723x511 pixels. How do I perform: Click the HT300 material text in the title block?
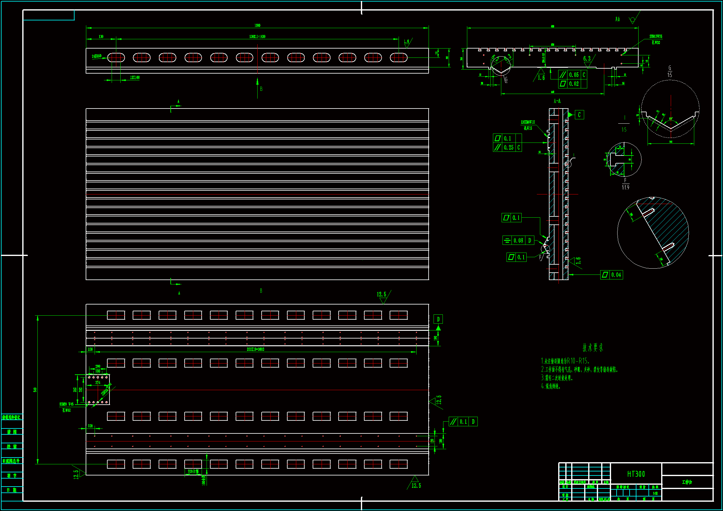[636, 474]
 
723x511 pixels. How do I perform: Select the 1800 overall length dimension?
[257, 25]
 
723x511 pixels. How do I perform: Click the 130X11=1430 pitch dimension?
[257, 37]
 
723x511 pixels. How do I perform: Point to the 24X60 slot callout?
[97, 56]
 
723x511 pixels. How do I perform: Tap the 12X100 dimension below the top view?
[135, 78]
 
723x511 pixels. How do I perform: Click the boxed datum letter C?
[579, 115]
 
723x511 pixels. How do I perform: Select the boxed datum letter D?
[438, 319]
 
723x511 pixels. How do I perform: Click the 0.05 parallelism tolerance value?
[574, 75]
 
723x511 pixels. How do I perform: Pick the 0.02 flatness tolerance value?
[574, 84]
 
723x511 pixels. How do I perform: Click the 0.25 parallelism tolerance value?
[508, 147]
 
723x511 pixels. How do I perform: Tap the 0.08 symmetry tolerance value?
[518, 241]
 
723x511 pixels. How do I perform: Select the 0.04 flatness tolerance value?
[616, 275]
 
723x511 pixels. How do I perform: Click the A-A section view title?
[557, 101]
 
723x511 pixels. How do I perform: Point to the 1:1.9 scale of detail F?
[625, 187]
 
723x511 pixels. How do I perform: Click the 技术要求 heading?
[593, 347]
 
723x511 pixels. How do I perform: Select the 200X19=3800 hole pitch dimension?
[255, 349]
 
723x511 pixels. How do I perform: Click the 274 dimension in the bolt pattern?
[98, 382]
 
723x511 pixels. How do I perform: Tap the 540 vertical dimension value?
[35, 390]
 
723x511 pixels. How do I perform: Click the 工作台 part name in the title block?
[687, 482]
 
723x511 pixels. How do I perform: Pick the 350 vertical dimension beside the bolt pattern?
[75, 390]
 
